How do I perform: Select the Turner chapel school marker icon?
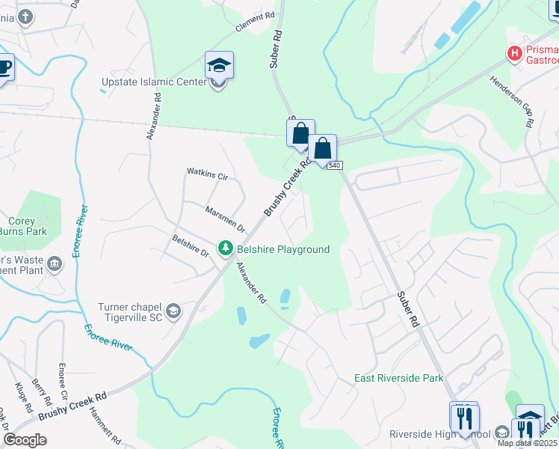[173, 311]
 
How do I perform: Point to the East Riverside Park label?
[398, 378]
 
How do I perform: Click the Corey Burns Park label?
[27, 226]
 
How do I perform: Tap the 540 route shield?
[333, 165]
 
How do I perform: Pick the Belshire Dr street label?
[190, 246]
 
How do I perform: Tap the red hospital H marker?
[514, 53]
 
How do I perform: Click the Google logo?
[25, 440]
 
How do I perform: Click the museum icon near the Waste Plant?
[54, 263]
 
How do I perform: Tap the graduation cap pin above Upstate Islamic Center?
[219, 64]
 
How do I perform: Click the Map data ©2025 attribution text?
[527, 442]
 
